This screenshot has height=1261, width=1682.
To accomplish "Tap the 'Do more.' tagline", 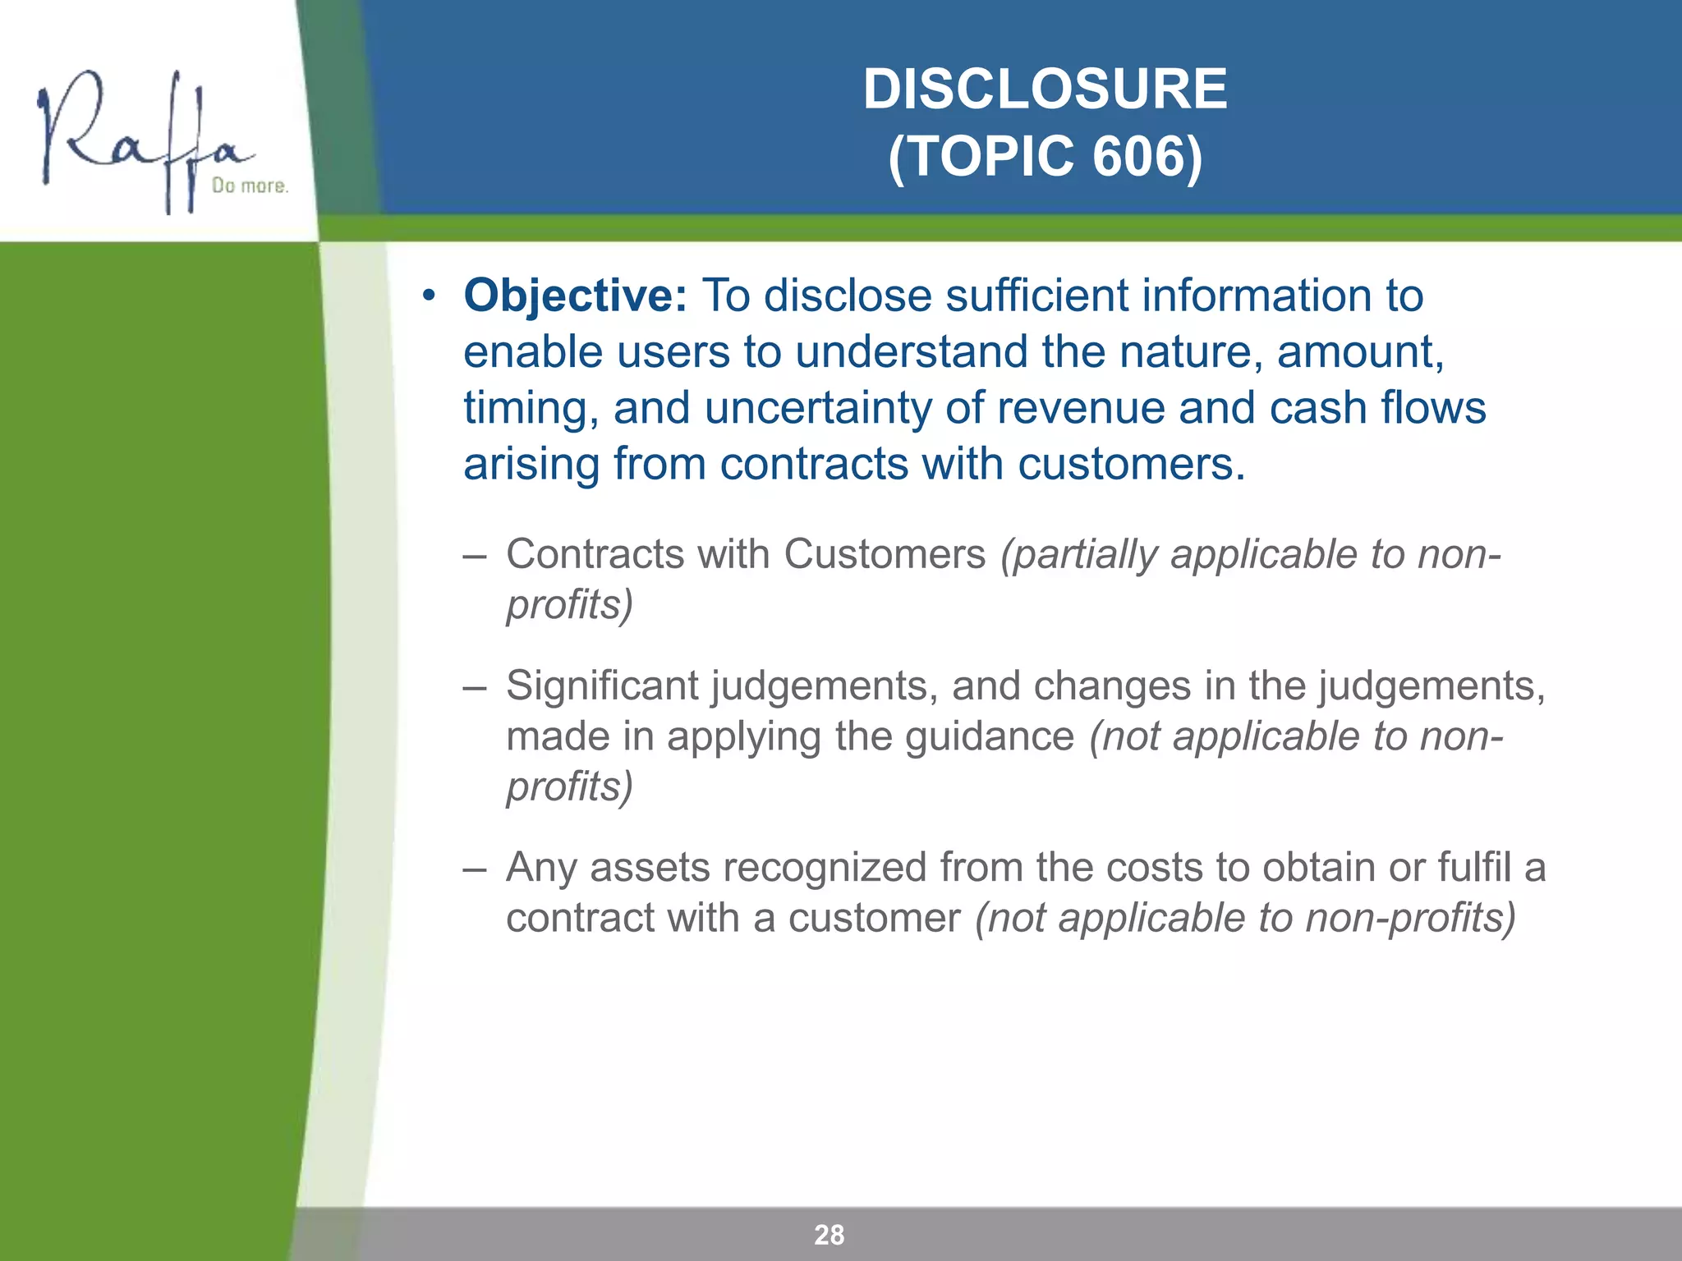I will click(x=250, y=186).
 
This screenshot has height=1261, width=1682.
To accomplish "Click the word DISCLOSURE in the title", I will click(x=1045, y=89).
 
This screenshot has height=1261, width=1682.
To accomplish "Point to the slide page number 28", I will click(x=829, y=1235).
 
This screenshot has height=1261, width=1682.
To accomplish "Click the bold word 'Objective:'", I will click(x=575, y=296).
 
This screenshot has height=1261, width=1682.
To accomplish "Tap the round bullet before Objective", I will click(x=427, y=296).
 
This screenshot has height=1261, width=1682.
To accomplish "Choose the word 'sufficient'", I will click(x=1036, y=296).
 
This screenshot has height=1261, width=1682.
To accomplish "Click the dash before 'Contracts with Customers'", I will click(x=474, y=555).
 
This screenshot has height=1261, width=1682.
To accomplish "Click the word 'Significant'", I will click(x=601, y=686).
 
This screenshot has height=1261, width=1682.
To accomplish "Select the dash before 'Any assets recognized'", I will click(x=474, y=869).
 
